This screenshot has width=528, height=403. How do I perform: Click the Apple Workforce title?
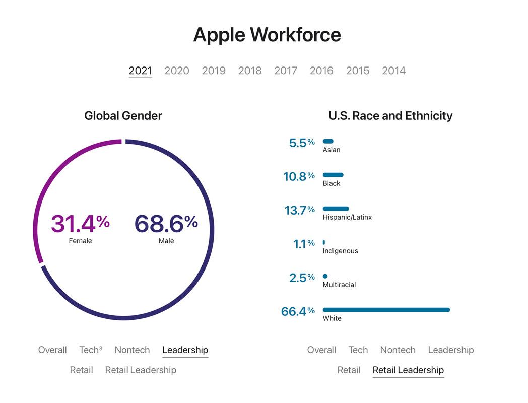click(x=267, y=35)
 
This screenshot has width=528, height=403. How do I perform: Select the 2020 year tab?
click(x=177, y=71)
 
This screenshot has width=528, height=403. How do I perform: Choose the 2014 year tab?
click(x=393, y=71)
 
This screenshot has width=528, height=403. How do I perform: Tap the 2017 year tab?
click(x=286, y=71)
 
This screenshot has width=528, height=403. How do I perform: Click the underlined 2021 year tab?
click(x=140, y=71)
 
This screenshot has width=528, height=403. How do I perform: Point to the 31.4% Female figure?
click(x=80, y=224)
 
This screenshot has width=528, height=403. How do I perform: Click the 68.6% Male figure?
click(x=166, y=224)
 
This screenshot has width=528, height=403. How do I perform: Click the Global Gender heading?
click(x=123, y=116)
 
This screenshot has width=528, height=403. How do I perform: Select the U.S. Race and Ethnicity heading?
click(x=390, y=116)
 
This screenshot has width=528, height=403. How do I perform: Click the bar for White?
click(x=386, y=310)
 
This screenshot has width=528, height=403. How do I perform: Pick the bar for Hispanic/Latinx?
click(x=336, y=209)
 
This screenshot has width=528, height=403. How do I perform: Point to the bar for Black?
click(x=333, y=175)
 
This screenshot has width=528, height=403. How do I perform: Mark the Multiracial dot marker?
click(x=325, y=276)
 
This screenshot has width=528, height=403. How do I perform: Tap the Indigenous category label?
click(x=340, y=251)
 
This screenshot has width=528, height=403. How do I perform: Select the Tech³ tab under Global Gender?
click(x=90, y=350)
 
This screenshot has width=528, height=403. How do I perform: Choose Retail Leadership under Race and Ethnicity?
click(x=408, y=370)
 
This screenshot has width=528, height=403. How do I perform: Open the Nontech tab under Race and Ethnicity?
click(x=398, y=350)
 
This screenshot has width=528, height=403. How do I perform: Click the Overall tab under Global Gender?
click(x=52, y=350)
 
